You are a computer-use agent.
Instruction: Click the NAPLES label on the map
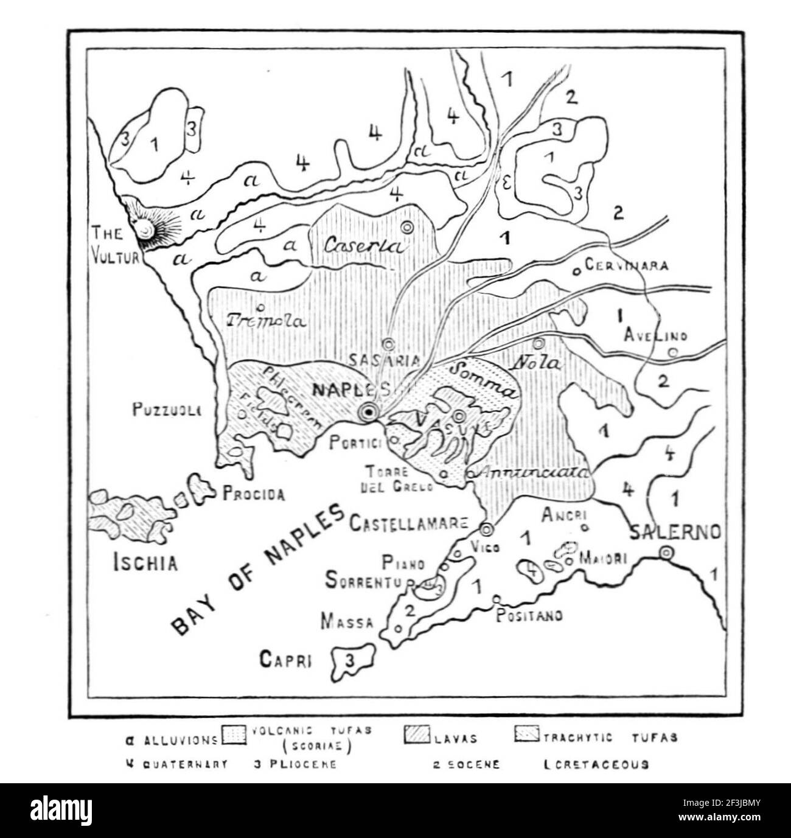(349, 389)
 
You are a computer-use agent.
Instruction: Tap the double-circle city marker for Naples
(368, 413)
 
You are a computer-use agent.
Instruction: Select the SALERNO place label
(675, 532)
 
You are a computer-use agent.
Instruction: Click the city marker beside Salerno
(666, 553)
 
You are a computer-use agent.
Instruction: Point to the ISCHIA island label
(146, 563)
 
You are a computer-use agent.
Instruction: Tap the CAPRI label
(285, 658)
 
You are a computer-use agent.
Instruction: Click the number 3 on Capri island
(349, 660)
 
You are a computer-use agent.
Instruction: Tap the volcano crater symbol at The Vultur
(144, 229)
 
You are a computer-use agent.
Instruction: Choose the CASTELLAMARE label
(409, 522)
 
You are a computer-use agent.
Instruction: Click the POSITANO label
(529, 615)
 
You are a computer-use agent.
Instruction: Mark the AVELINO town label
(656, 335)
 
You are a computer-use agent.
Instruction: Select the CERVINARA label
(625, 266)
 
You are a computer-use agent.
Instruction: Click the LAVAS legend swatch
(417, 736)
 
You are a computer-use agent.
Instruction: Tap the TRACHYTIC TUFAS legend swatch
(528, 735)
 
